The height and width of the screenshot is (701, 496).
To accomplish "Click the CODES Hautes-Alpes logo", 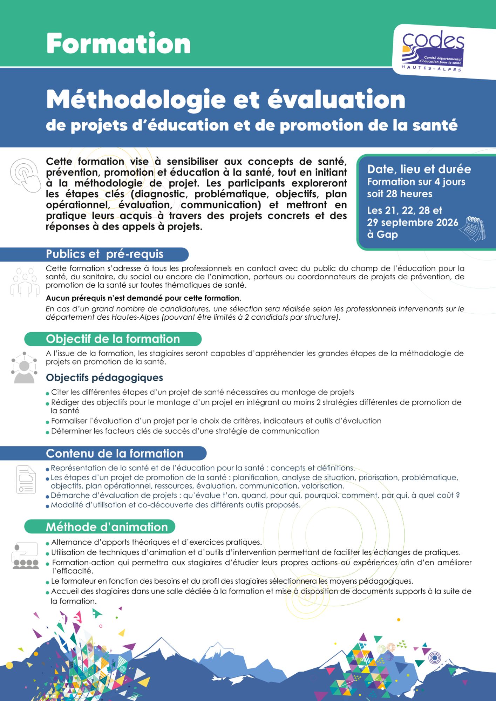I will coord(433,50).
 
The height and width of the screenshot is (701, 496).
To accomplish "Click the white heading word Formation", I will coord(118,43).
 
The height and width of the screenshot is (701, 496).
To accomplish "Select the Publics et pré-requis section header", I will coord(104,254).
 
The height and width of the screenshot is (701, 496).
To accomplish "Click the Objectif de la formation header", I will coord(113,339).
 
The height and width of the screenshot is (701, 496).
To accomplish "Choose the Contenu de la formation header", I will coord(114,453).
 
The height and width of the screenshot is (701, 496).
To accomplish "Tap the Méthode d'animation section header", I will coord(107,527).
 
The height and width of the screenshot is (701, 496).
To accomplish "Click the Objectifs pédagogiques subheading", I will coord(104,377).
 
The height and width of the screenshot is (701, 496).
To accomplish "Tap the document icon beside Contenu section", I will coord(26,479).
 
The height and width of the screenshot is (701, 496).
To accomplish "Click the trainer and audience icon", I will coord(25,556).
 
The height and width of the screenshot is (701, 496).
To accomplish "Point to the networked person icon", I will coord(24,368).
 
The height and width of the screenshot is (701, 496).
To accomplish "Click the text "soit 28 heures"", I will coord(400,194).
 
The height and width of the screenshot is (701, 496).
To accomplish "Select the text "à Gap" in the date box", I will coord(382,234).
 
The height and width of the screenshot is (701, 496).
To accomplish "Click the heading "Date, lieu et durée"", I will coord(419,169).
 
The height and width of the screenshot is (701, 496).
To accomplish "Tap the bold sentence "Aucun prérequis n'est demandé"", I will coord(143,298).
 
